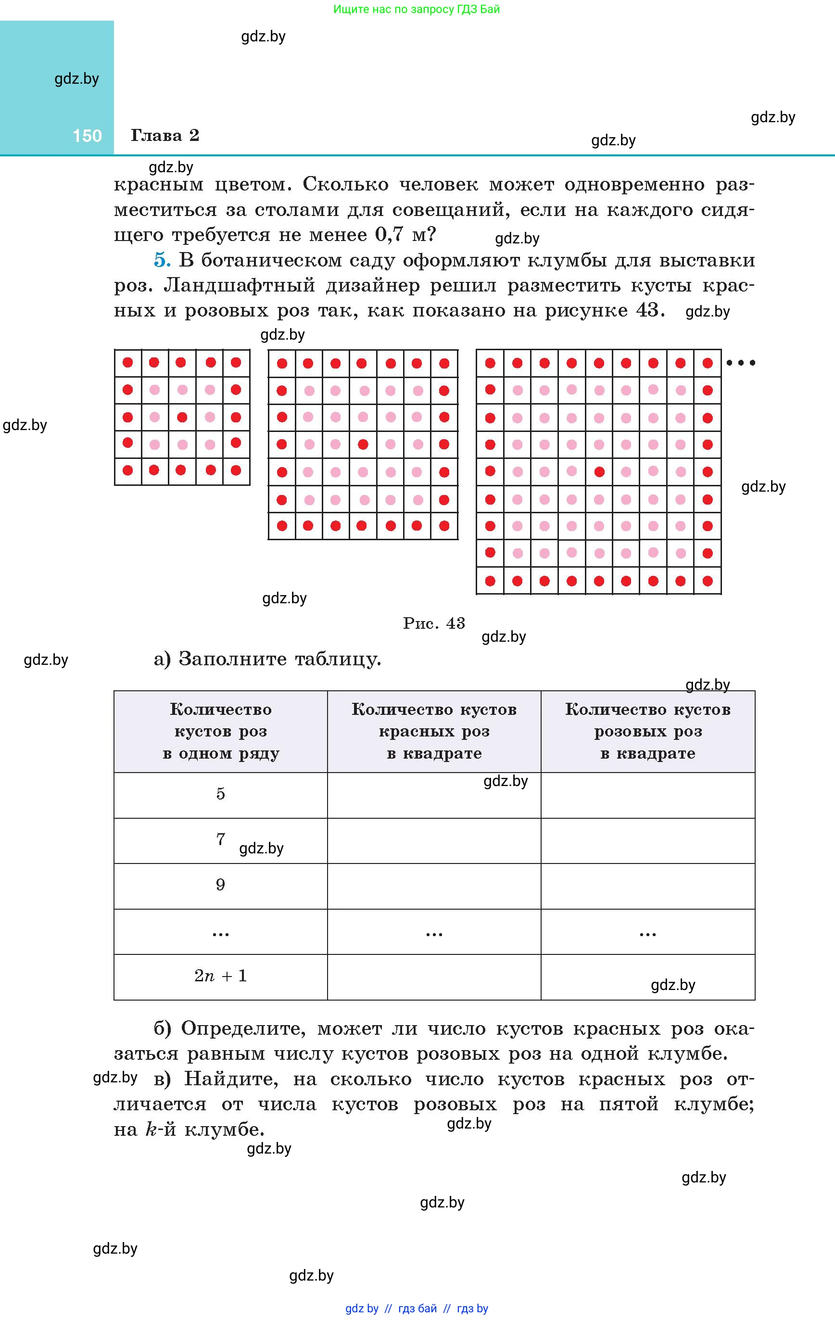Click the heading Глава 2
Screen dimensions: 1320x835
tap(164, 135)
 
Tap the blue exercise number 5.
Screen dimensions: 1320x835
tap(162, 260)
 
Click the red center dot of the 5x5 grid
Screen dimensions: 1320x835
tap(182, 417)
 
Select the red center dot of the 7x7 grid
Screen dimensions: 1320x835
tap(362, 444)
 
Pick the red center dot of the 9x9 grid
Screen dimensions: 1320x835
tap(599, 471)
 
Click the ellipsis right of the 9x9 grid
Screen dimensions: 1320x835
tap(741, 363)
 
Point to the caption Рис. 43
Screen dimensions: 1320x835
tap(434, 623)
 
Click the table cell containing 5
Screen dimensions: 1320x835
tap(220, 794)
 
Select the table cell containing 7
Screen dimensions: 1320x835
tap(220, 840)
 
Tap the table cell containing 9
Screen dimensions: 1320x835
tap(220, 885)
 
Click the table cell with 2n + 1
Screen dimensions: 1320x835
tap(220, 977)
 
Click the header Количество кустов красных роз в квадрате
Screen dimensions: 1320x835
tap(434, 731)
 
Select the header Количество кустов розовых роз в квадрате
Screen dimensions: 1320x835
tap(647, 731)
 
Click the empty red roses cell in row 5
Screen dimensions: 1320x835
tap(434, 795)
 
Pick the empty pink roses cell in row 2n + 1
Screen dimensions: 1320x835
tap(647, 977)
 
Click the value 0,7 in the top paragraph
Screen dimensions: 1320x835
tap(389, 235)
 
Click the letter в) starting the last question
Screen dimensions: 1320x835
tap(162, 1079)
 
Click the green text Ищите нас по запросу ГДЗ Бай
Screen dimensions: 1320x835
tap(417, 9)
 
